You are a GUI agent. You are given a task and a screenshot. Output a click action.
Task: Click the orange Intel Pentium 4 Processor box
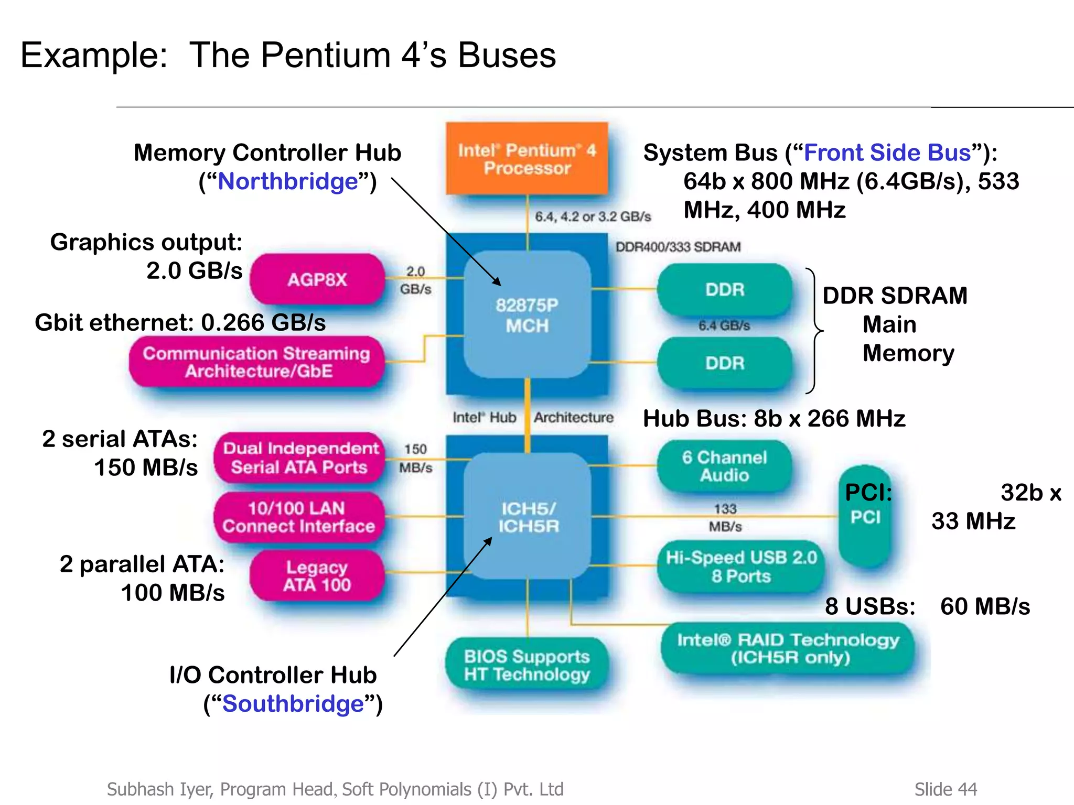click(x=527, y=159)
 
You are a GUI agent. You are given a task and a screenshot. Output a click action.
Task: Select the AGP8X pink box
click(x=317, y=279)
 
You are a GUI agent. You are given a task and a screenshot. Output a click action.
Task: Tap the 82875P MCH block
click(x=527, y=315)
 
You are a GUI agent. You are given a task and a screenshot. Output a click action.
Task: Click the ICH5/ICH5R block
click(x=528, y=517)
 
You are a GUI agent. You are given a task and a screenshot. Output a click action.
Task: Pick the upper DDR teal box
click(x=725, y=289)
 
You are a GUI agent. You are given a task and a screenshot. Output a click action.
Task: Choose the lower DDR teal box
click(x=725, y=363)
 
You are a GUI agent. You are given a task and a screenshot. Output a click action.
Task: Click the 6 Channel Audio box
click(x=724, y=466)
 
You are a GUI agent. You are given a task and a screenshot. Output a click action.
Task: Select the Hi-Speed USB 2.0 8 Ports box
click(x=741, y=567)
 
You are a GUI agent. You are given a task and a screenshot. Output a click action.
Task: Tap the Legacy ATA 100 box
click(x=317, y=575)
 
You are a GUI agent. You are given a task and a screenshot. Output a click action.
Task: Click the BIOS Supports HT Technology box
click(x=527, y=665)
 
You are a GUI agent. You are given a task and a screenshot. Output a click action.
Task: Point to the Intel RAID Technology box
click(x=788, y=648)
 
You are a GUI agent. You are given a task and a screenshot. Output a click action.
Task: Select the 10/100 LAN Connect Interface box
click(x=298, y=517)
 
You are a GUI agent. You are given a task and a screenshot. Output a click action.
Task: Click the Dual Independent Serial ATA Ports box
click(x=300, y=458)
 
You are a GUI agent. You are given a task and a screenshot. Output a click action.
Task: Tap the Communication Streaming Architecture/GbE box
click(x=257, y=362)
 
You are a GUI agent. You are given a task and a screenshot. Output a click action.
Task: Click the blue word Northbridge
click(x=288, y=182)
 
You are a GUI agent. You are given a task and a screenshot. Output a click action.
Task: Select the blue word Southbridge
click(x=293, y=704)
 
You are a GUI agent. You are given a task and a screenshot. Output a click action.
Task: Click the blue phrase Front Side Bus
click(x=887, y=153)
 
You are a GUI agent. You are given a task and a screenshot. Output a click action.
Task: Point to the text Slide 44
click(x=946, y=789)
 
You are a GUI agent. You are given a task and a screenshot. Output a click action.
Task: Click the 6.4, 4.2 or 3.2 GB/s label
click(x=593, y=216)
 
